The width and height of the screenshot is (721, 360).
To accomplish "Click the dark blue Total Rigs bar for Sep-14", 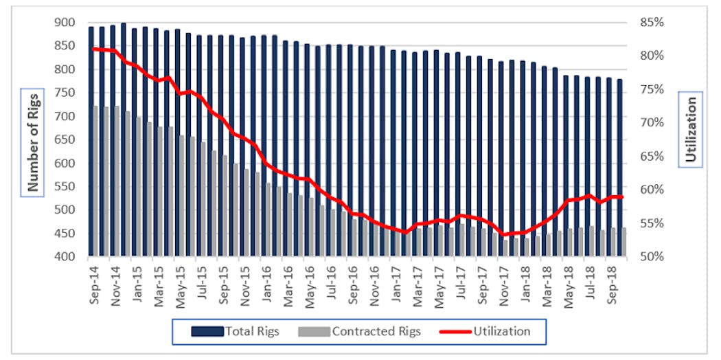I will [91, 137].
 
